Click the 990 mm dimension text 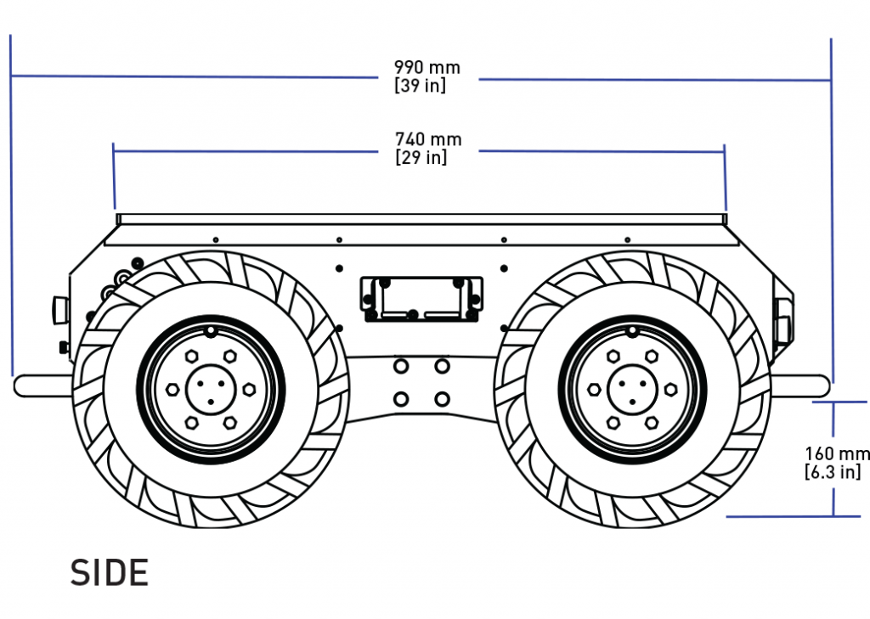coord(427,67)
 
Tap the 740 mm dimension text coord(428,139)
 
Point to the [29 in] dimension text coord(421,158)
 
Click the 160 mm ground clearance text coord(838,454)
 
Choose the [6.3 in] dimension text coord(833,472)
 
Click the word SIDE coord(110,574)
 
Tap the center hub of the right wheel coord(631,390)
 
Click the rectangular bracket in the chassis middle coord(422,299)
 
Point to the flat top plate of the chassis coord(421,219)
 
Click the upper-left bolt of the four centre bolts coord(401,366)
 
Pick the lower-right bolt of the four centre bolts coord(442,398)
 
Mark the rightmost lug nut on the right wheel coord(671,390)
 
